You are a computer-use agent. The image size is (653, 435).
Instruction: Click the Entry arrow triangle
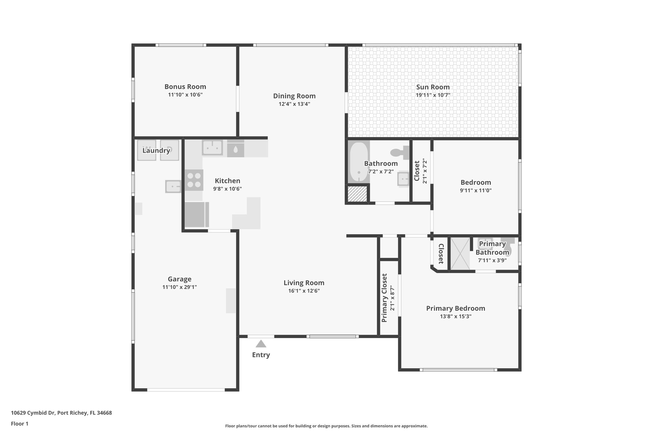pyautogui.click(x=261, y=344)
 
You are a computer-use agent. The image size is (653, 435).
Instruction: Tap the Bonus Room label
pyautogui.click(x=185, y=87)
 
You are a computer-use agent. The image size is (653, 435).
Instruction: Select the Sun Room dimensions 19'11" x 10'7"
pyautogui.click(x=433, y=95)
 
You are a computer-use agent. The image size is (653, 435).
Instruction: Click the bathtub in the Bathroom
pyautogui.click(x=359, y=162)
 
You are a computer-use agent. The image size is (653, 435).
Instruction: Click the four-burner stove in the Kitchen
pyautogui.click(x=194, y=180)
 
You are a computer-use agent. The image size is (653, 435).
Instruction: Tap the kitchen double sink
pyautogui.click(x=212, y=148)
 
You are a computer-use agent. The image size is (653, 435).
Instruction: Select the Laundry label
pyautogui.click(x=156, y=150)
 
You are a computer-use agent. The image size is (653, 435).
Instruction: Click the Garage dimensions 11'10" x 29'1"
pyautogui.click(x=180, y=287)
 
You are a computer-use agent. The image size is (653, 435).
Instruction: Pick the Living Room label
pyautogui.click(x=304, y=283)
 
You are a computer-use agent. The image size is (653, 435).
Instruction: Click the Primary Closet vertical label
pyautogui.click(x=384, y=298)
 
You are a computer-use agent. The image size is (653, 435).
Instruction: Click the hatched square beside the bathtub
pyautogui.click(x=357, y=193)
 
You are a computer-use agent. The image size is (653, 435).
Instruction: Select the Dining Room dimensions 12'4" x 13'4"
pyautogui.click(x=294, y=104)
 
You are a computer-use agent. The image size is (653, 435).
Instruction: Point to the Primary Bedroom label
pyautogui.click(x=456, y=308)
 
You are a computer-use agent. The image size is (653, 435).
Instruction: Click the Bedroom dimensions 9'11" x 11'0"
pyautogui.click(x=475, y=191)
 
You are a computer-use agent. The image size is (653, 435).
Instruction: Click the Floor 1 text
pyautogui.click(x=19, y=424)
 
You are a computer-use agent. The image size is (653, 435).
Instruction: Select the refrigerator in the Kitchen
pyautogui.click(x=196, y=214)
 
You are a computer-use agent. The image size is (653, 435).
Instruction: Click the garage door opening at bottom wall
pyautogui.click(x=186, y=389)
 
